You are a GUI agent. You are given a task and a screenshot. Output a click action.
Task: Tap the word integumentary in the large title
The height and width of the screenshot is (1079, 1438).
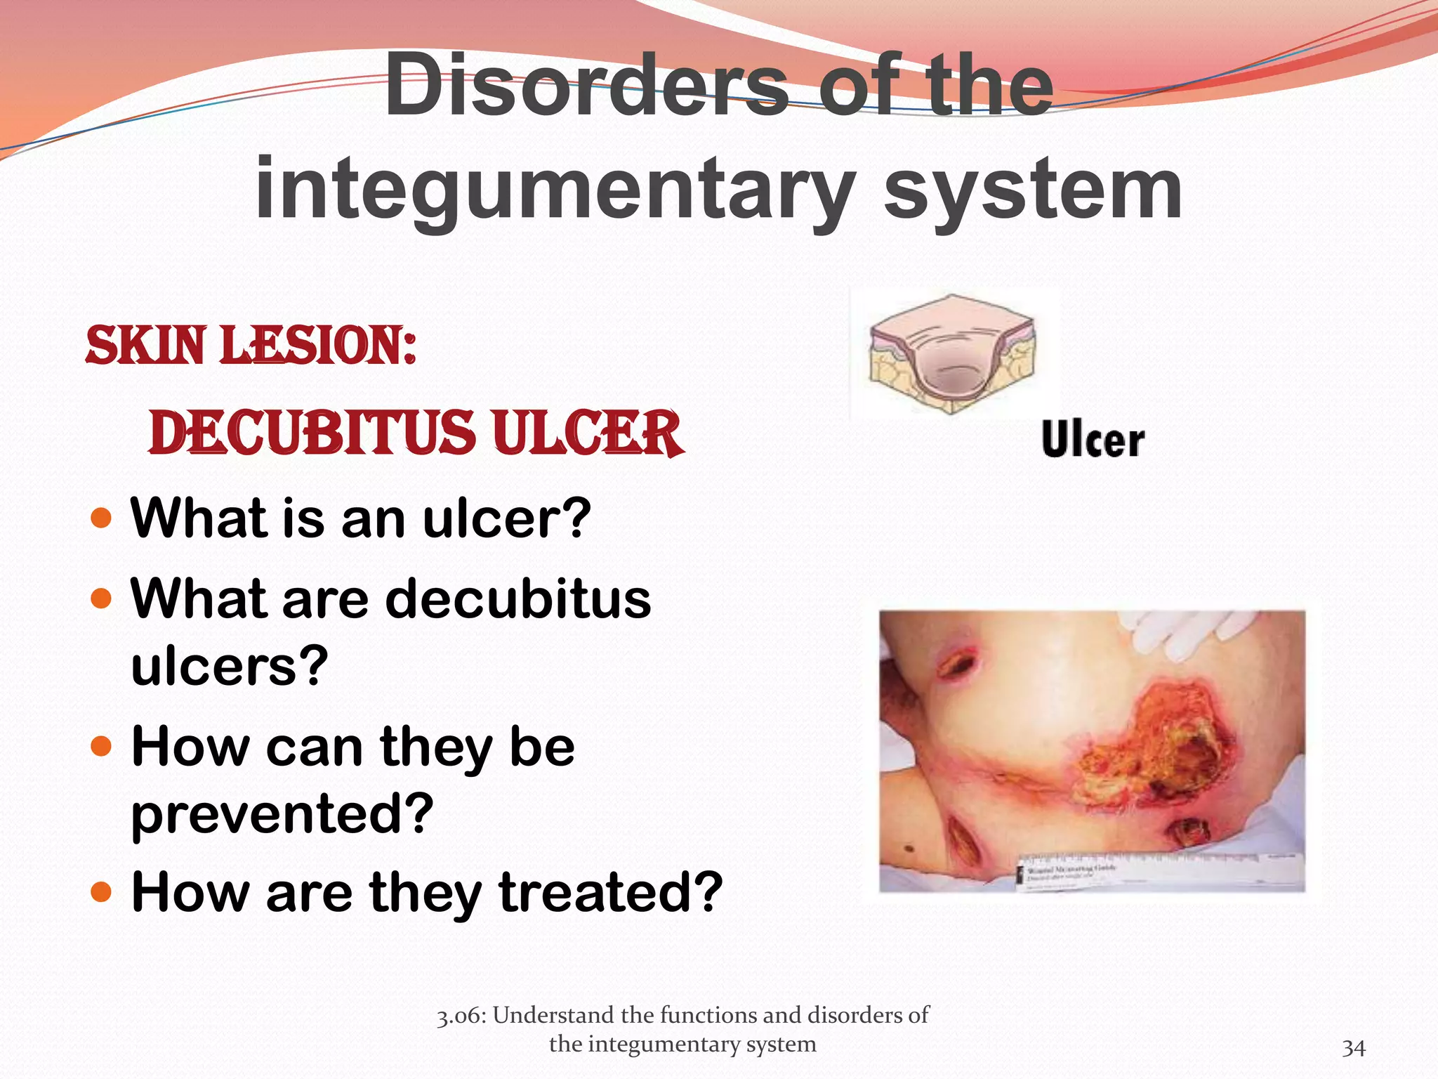coord(555,188)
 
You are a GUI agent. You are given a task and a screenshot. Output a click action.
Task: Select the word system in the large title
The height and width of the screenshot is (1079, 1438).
coord(1033,188)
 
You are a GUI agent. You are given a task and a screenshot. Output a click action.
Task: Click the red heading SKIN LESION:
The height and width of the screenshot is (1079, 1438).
coord(251,346)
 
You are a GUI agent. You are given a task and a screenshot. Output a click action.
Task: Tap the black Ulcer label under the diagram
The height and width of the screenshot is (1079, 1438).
coord(1093,440)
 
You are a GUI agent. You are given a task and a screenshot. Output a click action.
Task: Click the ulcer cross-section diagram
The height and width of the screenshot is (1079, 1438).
coord(951,355)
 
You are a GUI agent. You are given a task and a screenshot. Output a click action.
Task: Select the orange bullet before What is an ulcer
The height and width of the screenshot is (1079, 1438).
coord(102,518)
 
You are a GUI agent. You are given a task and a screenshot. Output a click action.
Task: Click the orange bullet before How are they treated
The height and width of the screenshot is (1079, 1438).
coord(102,892)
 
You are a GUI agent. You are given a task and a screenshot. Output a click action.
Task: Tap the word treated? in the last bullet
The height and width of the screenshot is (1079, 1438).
coord(609,892)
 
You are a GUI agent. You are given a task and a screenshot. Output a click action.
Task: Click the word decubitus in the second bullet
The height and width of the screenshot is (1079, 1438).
coord(517,599)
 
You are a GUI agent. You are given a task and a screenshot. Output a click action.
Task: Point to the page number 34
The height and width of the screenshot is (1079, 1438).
coord(1353,1048)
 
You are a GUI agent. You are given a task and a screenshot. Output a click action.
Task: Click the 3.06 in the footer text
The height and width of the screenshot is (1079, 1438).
coord(461,1016)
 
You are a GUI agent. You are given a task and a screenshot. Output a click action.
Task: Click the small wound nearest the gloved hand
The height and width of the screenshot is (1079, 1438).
coord(956,663)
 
